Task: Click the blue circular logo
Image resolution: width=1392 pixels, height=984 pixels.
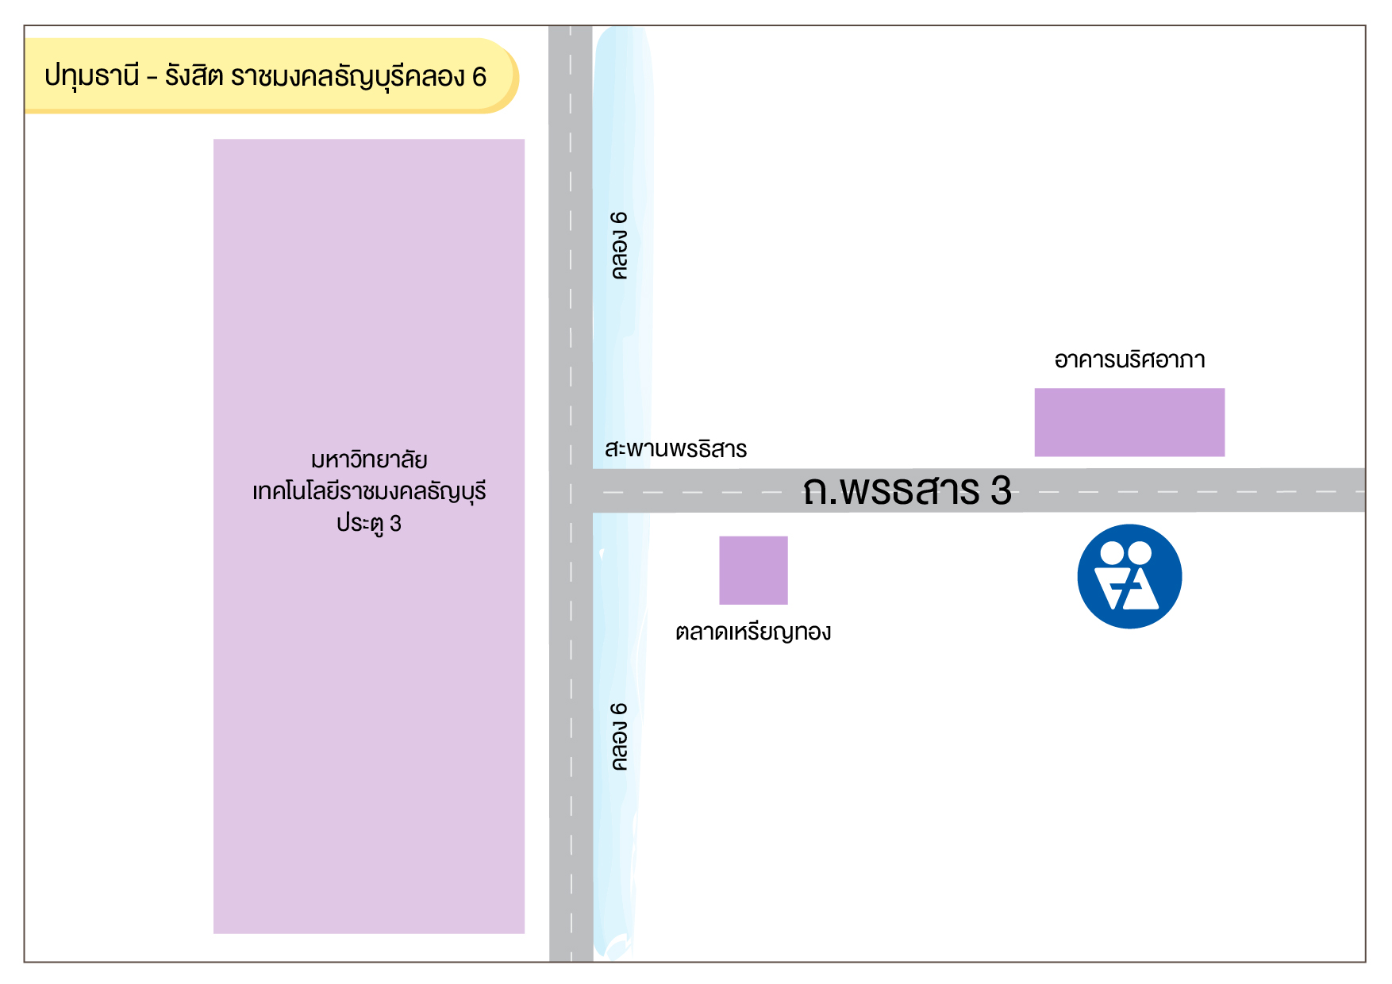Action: tap(1129, 577)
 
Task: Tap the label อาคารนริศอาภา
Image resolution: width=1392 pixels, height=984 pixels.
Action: tap(1129, 360)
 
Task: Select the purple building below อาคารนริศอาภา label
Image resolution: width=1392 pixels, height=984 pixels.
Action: tap(1129, 422)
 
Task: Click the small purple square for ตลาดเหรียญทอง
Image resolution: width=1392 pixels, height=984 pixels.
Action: tap(753, 570)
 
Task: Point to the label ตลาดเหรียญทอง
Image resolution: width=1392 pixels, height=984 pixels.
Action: tap(753, 632)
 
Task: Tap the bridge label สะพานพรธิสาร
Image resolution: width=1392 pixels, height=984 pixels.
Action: tap(675, 449)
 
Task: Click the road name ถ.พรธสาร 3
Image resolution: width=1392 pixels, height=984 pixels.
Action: tap(906, 490)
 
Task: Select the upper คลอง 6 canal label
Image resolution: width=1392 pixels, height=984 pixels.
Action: tap(620, 245)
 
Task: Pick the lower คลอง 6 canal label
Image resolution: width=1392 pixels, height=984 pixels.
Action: tap(620, 736)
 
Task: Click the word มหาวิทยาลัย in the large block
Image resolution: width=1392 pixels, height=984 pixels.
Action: tap(369, 460)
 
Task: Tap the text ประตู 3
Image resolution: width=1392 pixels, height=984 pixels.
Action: tap(369, 524)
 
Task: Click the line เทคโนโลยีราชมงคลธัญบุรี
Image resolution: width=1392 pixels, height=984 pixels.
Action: tap(369, 492)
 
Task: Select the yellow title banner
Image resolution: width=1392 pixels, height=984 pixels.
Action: tap(270, 76)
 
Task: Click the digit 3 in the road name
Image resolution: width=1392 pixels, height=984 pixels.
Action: tap(1001, 490)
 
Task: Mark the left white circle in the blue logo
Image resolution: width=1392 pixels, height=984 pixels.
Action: tap(1113, 552)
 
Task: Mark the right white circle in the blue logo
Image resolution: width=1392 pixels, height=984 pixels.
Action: tap(1140, 552)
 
